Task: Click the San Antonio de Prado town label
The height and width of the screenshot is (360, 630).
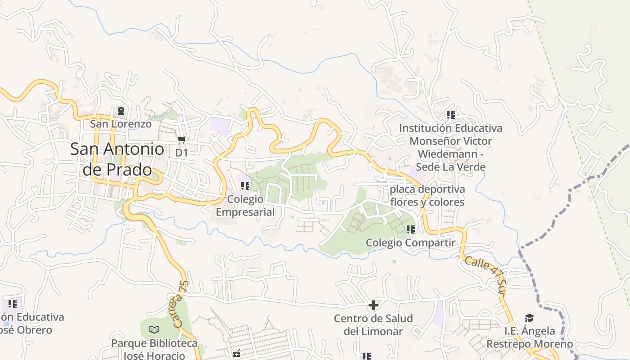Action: click(x=117, y=159)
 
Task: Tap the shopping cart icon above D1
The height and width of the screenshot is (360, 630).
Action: click(x=181, y=140)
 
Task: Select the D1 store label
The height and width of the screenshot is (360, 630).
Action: click(x=181, y=153)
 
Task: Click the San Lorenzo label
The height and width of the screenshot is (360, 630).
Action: click(x=121, y=124)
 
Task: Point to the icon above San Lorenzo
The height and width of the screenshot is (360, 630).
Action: click(x=121, y=111)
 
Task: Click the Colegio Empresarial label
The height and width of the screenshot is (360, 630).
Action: click(x=245, y=205)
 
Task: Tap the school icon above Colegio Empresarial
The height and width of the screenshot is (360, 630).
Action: click(x=245, y=185)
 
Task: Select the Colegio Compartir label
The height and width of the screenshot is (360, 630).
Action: click(x=410, y=243)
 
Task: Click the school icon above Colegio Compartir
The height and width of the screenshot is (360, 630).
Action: click(x=410, y=229)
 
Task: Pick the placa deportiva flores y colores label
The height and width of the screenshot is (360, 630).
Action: click(x=427, y=196)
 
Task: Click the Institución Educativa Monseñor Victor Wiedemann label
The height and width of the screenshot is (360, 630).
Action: click(x=450, y=148)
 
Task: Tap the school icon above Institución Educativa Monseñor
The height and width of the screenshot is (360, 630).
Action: click(x=450, y=115)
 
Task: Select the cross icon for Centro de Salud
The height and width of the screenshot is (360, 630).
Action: click(x=373, y=306)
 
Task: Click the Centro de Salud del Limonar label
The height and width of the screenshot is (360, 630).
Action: click(x=373, y=325)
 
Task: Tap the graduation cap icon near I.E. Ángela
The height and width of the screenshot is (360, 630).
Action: click(x=529, y=318)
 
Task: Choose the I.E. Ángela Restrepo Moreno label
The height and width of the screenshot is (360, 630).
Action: click(x=530, y=337)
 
